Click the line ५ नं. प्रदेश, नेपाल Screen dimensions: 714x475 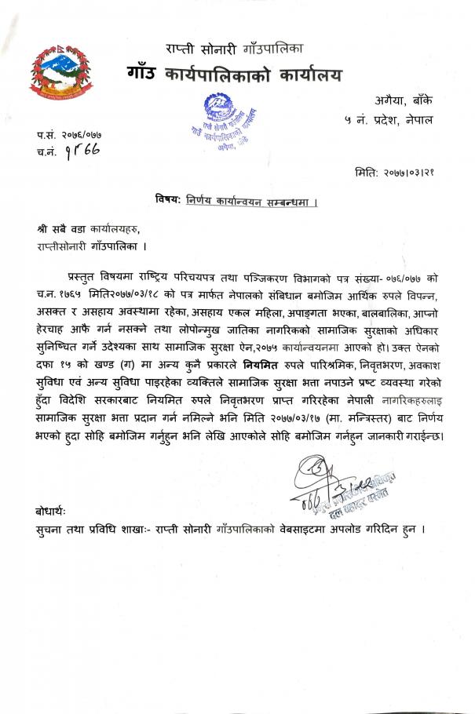pyautogui.click(x=387, y=120)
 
